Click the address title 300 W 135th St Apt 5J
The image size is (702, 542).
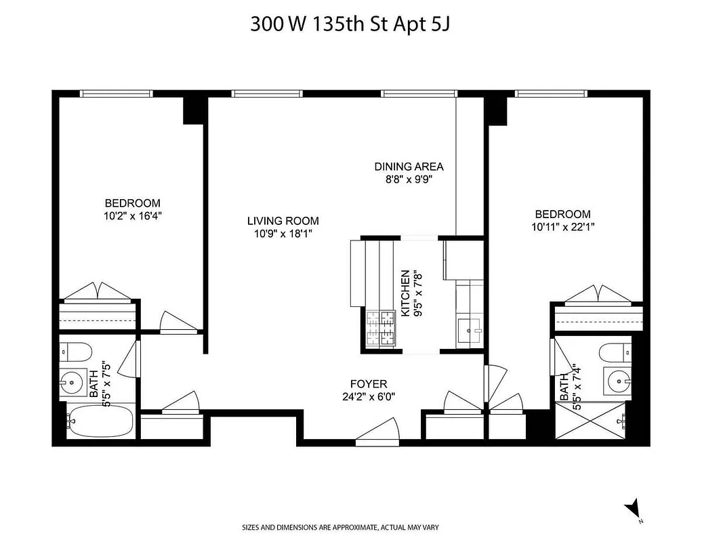tap(350, 24)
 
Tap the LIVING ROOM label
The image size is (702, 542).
tap(283, 221)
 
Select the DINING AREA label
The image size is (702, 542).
tap(409, 167)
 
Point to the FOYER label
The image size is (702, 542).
tap(369, 383)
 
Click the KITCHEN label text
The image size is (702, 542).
tap(405, 293)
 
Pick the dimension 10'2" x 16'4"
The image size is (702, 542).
tap(132, 216)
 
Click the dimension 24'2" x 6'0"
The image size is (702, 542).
tap(369, 397)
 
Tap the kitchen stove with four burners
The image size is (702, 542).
tap(380, 329)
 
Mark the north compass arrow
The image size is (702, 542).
tap(634, 507)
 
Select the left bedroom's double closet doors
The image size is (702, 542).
tap(98, 291)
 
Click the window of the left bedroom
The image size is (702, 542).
tap(116, 93)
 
